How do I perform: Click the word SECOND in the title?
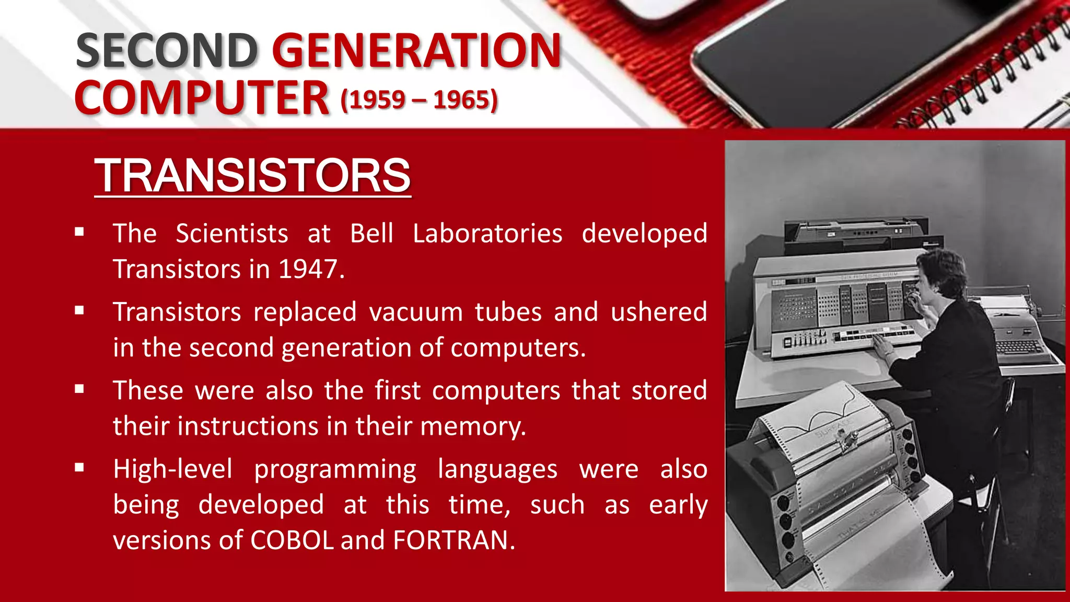click(x=167, y=51)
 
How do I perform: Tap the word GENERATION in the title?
click(x=416, y=51)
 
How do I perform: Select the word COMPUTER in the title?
click(x=202, y=98)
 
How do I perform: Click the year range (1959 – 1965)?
click(x=419, y=99)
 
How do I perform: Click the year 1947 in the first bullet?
click(x=308, y=270)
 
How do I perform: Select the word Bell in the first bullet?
click(x=371, y=234)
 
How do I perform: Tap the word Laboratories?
click(x=487, y=234)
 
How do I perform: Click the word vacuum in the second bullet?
click(x=416, y=312)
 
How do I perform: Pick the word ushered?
click(x=659, y=312)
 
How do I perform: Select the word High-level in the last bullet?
click(x=173, y=469)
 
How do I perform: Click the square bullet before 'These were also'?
click(x=79, y=389)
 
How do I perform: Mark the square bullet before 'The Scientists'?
click(x=79, y=232)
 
